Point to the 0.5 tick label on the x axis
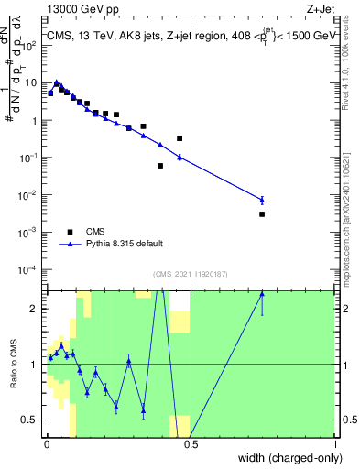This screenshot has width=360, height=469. coord(191,444)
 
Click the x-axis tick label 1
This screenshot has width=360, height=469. coord(335,444)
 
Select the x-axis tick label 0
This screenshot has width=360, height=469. coord(47,444)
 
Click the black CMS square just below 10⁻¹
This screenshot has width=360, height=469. coord(160,166)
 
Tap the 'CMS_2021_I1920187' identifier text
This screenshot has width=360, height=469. coord(190,273)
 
